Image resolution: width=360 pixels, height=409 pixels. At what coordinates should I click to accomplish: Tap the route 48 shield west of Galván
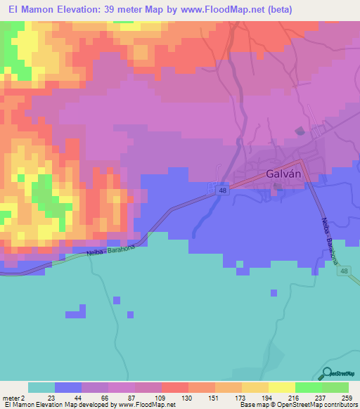[x=222, y=190]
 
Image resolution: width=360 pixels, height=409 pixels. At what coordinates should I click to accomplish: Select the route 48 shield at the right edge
[x=344, y=271]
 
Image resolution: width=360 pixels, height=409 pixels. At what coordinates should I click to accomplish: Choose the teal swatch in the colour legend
[x=41, y=387]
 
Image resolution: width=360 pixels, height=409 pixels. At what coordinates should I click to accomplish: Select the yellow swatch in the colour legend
[x=282, y=387]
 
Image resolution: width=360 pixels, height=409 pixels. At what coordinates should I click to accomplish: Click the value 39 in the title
[x=114, y=9]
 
